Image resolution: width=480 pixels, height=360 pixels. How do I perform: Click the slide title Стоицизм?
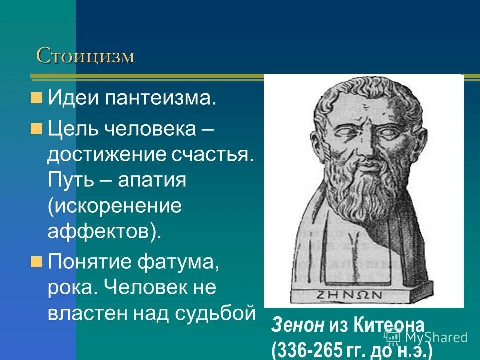click(85, 56)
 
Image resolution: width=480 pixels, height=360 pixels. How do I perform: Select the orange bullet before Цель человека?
click(36, 129)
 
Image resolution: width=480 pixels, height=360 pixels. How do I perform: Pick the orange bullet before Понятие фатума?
click(36, 261)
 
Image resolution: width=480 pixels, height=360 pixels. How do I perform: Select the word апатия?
click(152, 180)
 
